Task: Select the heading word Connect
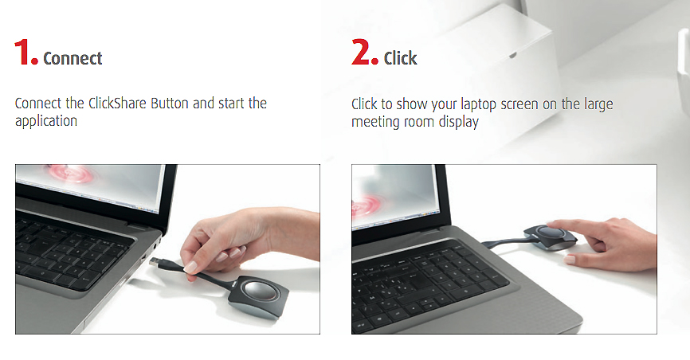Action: (73, 58)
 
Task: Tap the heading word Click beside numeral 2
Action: (400, 58)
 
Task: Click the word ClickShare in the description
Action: (117, 103)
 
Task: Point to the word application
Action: (46, 122)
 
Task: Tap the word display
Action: (458, 123)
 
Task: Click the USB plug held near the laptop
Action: (159, 263)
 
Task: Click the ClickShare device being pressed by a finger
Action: (550, 237)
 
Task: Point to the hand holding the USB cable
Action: (246, 240)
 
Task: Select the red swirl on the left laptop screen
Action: (71, 174)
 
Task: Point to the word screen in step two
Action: (524, 105)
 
